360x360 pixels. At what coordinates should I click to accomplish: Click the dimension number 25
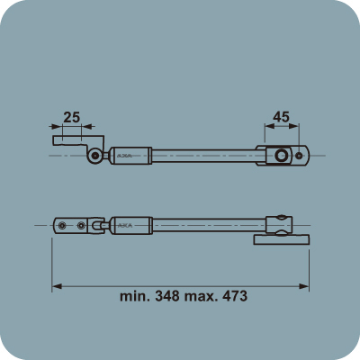pyautogui.click(x=73, y=117)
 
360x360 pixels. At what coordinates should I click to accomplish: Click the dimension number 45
pyautogui.click(x=281, y=116)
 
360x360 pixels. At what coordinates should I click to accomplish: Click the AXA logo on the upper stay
pyautogui.click(x=124, y=155)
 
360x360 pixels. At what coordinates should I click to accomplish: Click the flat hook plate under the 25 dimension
pyautogui.click(x=68, y=142)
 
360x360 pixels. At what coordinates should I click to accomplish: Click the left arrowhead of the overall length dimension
pyautogui.click(x=56, y=286)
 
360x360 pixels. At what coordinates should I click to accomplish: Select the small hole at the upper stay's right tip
pyautogui.click(x=301, y=155)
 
